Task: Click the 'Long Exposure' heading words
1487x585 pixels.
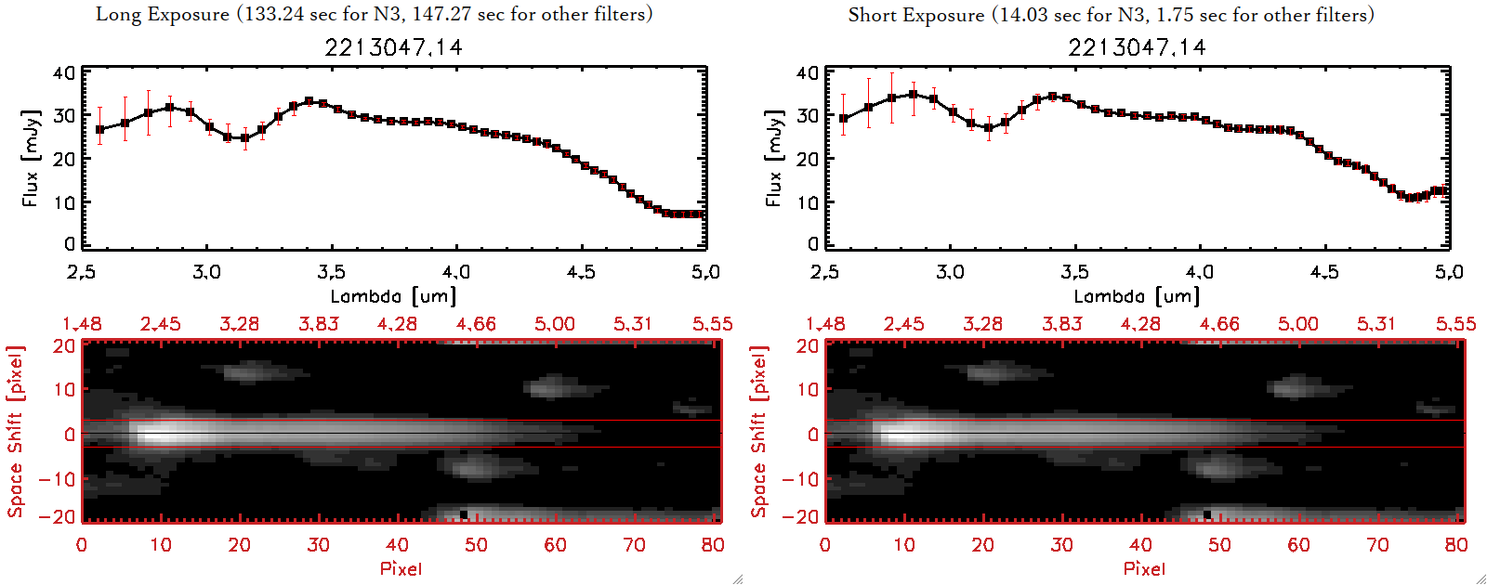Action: [x=163, y=15]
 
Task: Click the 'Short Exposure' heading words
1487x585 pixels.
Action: [x=915, y=16]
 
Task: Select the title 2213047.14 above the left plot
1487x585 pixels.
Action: [x=393, y=47]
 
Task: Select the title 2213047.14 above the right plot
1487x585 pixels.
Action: [x=1137, y=47]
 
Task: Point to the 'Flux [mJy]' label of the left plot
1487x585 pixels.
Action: [x=31, y=159]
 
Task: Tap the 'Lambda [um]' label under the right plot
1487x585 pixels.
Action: [x=1137, y=296]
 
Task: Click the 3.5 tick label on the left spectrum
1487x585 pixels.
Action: [x=331, y=272]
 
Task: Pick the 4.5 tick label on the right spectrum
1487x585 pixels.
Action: [x=1324, y=272]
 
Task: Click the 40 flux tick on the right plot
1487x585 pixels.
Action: [x=807, y=73]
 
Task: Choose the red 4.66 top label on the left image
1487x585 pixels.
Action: [x=476, y=324]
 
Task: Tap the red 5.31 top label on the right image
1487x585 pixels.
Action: [x=1376, y=324]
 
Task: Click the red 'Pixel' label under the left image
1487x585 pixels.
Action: [x=401, y=568]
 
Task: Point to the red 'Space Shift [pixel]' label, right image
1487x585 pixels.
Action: [x=759, y=432]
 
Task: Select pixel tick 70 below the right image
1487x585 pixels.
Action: [x=1377, y=545]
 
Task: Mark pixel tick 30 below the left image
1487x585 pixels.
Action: [x=318, y=545]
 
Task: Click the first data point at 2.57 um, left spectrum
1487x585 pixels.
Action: [x=99, y=130]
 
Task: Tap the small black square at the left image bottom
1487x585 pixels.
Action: [x=464, y=513]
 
